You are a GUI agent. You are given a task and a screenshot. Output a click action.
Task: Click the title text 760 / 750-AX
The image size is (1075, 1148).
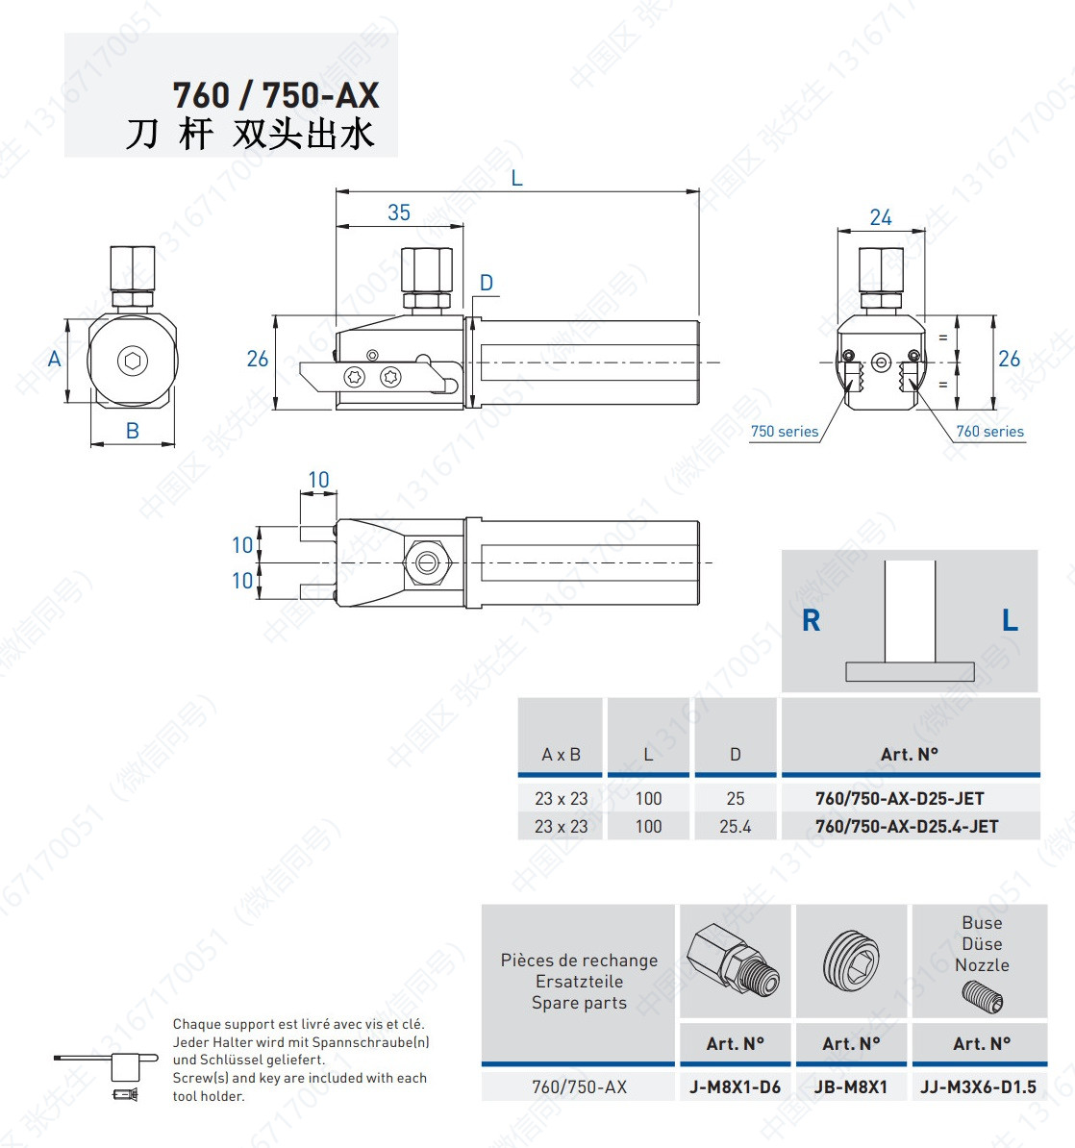pos(276,95)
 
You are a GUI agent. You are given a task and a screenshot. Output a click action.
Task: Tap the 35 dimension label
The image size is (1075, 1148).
pos(399,212)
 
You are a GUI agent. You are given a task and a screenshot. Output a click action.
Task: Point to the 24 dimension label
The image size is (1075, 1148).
pos(881,217)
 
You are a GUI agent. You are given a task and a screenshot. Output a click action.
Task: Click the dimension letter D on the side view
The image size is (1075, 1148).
pos(487,283)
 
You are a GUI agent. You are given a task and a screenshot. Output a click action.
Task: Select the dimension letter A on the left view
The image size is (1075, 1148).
pos(54,359)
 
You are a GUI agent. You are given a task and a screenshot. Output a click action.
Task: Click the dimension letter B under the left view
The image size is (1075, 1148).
pos(133,431)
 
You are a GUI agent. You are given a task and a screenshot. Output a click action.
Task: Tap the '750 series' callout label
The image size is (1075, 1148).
pos(785,432)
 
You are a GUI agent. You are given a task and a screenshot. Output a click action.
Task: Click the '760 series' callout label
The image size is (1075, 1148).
pos(990,432)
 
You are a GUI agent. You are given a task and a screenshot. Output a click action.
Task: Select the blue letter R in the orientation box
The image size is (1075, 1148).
pos(812,621)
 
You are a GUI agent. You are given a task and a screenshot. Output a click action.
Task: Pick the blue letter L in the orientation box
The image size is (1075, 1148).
pos(1010,621)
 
